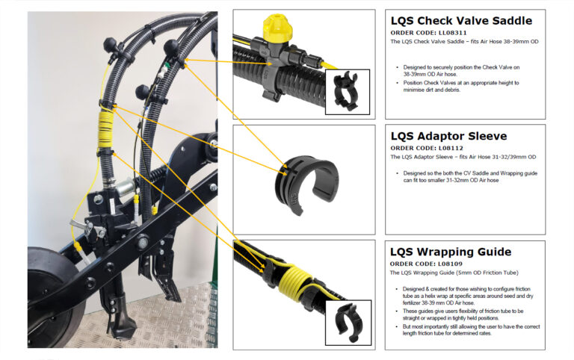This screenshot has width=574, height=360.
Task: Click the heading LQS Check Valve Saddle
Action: [x=460, y=20]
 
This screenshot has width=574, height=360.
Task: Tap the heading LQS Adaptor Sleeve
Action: [x=448, y=136]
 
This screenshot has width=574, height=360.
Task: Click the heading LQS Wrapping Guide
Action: [x=451, y=252]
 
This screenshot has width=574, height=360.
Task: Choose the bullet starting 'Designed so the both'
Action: [x=472, y=176]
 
